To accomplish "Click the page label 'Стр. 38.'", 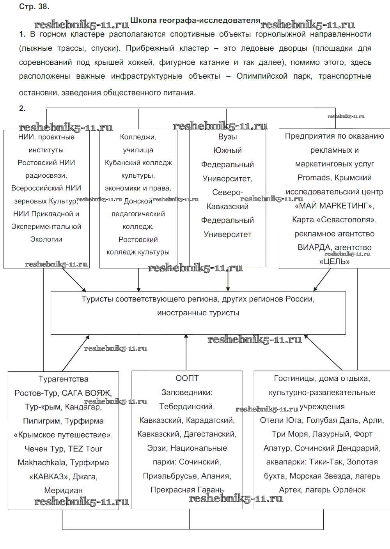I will (34, 7).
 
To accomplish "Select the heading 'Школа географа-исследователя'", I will (195, 20).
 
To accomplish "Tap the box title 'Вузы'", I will (227, 137).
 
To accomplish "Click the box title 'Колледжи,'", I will (138, 137).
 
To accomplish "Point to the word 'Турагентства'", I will (63, 379).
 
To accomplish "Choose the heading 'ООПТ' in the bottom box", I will (187, 378).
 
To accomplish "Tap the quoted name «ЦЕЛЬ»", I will (334, 261).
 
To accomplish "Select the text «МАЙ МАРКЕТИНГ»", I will (335, 206).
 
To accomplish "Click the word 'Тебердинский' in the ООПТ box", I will (187, 406).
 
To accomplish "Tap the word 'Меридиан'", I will (63, 490).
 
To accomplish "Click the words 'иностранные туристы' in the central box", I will (198, 313).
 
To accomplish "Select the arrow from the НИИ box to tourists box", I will (74, 280).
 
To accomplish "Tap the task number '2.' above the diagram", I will (22, 109).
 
